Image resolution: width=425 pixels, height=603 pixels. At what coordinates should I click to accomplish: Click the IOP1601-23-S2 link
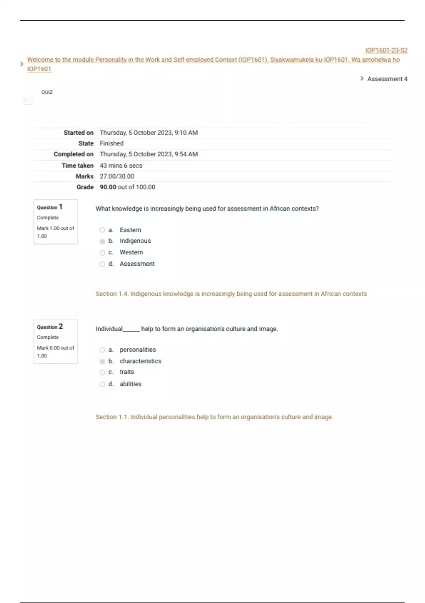(x=386, y=50)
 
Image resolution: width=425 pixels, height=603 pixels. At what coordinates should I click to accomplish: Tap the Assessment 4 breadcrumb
(x=387, y=79)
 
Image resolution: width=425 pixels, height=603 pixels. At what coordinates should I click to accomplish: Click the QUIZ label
(x=47, y=92)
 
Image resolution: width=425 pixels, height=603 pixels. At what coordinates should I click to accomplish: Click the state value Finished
(x=112, y=143)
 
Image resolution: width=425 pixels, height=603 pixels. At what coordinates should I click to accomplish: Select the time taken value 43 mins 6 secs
(x=121, y=166)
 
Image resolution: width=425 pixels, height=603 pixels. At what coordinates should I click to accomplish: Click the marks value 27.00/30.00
(x=117, y=176)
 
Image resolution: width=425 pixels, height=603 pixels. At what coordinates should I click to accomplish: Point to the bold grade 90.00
(x=108, y=187)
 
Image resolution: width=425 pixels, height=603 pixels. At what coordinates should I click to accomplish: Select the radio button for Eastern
(x=102, y=230)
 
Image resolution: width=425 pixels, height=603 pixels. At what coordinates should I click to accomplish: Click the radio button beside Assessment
(x=102, y=264)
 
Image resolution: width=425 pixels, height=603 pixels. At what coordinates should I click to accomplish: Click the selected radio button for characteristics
(x=102, y=361)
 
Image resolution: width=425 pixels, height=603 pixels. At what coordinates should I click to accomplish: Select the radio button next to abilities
(x=102, y=384)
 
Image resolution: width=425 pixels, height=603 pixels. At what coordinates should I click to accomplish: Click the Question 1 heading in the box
(x=50, y=207)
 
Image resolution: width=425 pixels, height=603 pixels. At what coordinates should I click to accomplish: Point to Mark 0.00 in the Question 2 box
(x=48, y=348)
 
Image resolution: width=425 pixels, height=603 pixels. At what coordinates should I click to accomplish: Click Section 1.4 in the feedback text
(x=112, y=294)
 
